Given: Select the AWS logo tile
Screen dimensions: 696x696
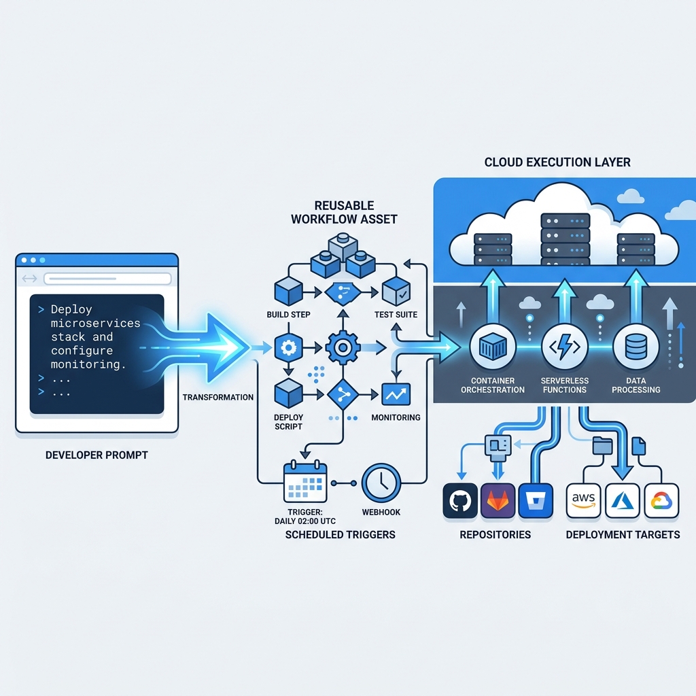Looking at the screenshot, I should [583, 502].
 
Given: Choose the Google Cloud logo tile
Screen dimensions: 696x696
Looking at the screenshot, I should [661, 502].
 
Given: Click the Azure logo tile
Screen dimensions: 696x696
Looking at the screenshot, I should [622, 502].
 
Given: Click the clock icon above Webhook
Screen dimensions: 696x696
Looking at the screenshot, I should [381, 483].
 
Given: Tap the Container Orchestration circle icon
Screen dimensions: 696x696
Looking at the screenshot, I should [489, 347].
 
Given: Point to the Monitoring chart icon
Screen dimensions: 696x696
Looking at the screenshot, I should [396, 394].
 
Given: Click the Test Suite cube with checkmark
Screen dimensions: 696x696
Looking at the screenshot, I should [396, 292].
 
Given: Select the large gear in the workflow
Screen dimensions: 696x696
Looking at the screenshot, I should [343, 347].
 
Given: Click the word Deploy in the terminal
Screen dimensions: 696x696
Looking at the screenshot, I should [71, 309].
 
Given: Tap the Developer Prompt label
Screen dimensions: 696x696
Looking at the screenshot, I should [97, 455].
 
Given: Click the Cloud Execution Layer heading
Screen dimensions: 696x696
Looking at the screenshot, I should [557, 162].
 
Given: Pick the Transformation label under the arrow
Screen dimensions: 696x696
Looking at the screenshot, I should [218, 397].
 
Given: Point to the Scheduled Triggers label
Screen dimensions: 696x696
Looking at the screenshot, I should [340, 535].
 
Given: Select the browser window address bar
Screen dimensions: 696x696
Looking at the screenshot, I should [107, 279].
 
